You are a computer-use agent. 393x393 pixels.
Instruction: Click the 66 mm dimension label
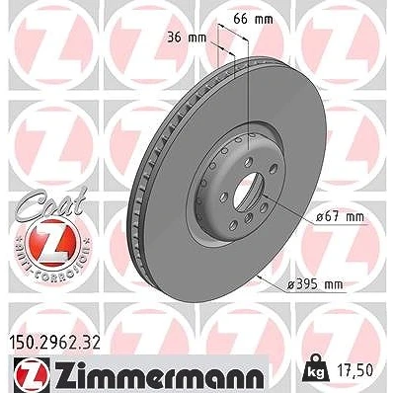[x=253, y=19]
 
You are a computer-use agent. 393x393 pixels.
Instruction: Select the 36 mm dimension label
[x=187, y=38]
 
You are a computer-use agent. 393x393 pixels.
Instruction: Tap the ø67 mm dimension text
[x=340, y=217]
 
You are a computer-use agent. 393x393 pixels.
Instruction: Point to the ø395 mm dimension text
[x=315, y=284]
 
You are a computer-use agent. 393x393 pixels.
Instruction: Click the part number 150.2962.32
[x=53, y=344]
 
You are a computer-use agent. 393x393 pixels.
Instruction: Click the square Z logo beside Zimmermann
[x=32, y=375]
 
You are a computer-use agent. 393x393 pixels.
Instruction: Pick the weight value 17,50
[x=355, y=370]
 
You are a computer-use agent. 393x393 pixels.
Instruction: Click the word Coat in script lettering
[x=51, y=202]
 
